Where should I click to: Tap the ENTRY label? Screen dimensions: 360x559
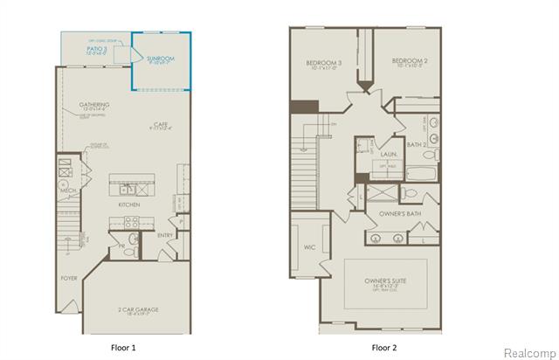click(164, 235)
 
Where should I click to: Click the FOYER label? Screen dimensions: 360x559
click(68, 279)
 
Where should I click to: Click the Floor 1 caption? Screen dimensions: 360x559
click(123, 347)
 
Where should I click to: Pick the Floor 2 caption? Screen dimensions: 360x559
click(384, 347)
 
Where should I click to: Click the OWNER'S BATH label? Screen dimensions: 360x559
click(401, 213)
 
